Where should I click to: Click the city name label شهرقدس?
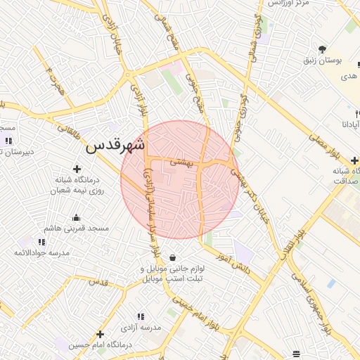[x=116, y=146]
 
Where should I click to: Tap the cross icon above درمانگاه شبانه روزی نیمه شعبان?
[x=77, y=169]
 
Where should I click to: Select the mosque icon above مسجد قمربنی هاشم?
[x=77, y=217]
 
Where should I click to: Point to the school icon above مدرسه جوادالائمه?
[x=43, y=241]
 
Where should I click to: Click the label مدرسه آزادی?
[x=143, y=328]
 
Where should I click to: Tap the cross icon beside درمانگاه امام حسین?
[x=101, y=334]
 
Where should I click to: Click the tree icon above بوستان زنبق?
[x=322, y=49]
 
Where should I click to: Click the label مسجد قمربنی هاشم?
[x=77, y=229]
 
